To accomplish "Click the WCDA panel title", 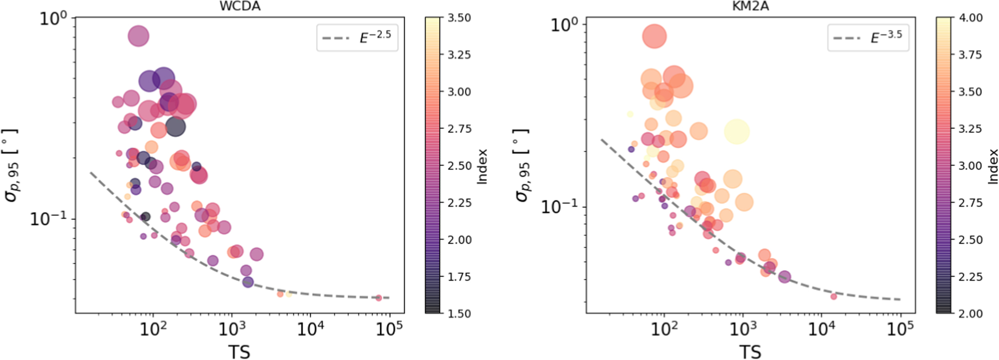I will point(240,6).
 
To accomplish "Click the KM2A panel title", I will point(750,6).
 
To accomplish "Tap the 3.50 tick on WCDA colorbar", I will point(459,18).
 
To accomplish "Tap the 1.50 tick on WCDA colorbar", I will point(459,314).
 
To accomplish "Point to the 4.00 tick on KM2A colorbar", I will point(970,18).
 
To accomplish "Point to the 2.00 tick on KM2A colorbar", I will point(970,314).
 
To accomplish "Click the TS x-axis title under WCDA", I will point(239,351).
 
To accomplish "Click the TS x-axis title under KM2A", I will point(750,351).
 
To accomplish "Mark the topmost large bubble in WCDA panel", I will point(139,36).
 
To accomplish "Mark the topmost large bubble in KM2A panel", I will point(654,36).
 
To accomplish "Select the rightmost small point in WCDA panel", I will point(379,298).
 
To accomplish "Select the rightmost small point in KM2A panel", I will point(833,297).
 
